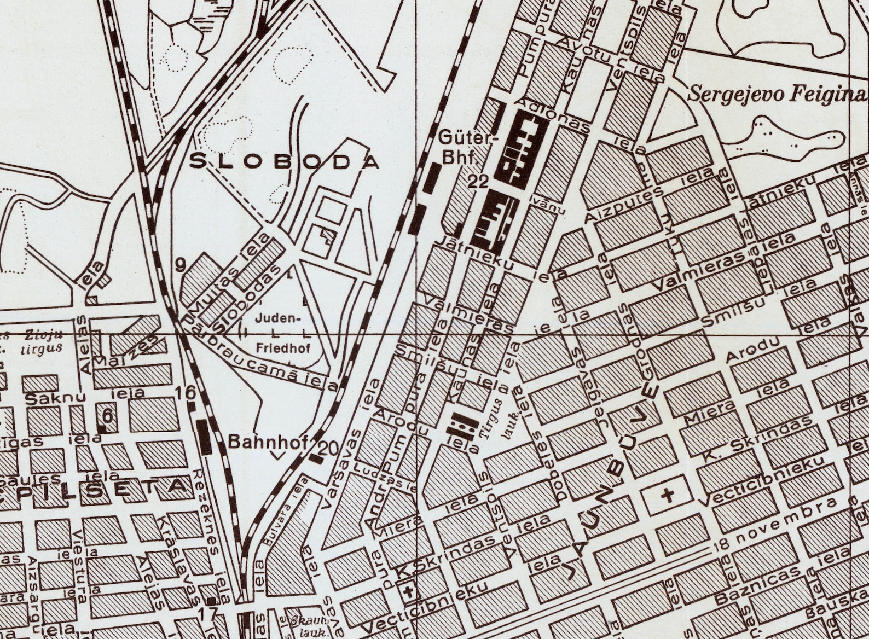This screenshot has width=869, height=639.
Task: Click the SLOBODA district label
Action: (x=284, y=161)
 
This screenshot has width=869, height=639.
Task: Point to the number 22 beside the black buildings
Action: (x=478, y=182)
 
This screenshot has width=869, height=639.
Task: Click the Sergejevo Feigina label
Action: (x=777, y=94)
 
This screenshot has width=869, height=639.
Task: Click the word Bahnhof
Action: (x=268, y=442)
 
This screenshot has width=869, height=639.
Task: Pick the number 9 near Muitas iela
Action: (x=181, y=265)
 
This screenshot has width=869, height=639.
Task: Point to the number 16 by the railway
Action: (x=186, y=392)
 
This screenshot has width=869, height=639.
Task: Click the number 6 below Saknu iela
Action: (x=108, y=416)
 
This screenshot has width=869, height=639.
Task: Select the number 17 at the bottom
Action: (x=208, y=614)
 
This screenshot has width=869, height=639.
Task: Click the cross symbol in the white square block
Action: (x=667, y=496)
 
